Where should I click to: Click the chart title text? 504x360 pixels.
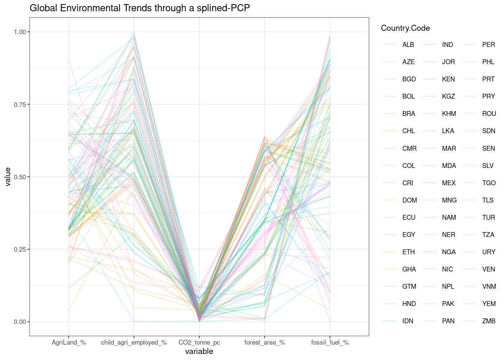[139, 8]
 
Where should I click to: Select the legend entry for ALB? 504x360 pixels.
[408, 45]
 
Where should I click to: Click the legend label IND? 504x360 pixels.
[447, 45]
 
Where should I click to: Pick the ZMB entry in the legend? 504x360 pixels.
[489, 321]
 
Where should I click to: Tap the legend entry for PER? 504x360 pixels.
[488, 45]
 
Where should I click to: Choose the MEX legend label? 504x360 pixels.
[448, 183]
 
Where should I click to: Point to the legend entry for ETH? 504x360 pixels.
[408, 252]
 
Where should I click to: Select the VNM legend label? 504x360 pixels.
[489, 286]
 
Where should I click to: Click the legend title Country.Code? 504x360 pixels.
[405, 28]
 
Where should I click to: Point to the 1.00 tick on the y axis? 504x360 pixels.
[20, 32]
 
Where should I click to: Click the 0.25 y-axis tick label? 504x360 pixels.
[20, 249]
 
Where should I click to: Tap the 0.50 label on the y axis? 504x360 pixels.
[20, 177]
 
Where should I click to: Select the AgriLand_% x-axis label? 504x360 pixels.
[69, 342]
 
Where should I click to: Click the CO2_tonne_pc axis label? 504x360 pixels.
[199, 342]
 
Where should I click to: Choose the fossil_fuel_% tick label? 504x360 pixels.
[330, 342]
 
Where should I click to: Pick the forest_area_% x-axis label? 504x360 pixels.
[264, 342]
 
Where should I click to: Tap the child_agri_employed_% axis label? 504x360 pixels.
[134, 342]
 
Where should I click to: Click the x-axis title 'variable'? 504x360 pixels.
[199, 351]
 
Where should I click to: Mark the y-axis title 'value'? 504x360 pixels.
[7, 177]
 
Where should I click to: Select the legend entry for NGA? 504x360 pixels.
[448, 252]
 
